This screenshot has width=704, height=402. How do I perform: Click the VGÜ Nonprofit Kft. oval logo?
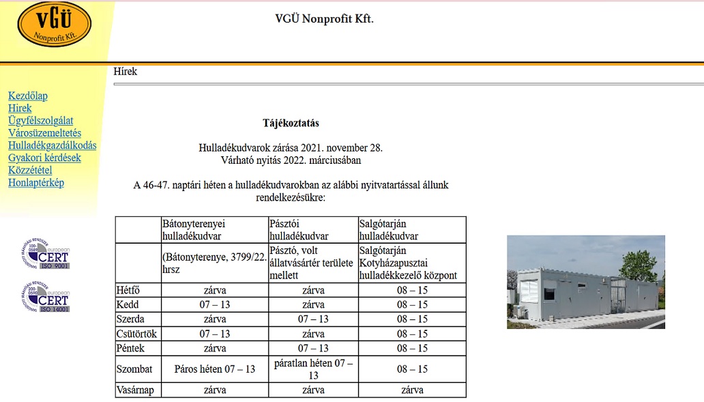click(x=54, y=25)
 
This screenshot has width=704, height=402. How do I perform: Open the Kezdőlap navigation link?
click(x=28, y=96)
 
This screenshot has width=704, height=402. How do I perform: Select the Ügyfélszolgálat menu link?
click(x=41, y=121)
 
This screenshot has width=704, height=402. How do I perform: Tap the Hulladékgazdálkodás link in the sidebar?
click(x=53, y=145)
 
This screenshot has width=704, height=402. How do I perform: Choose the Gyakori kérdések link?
click(x=44, y=158)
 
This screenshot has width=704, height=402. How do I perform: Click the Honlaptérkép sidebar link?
click(x=36, y=182)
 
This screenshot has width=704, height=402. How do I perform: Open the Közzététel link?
click(x=30, y=170)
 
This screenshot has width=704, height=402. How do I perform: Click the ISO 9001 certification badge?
click(x=46, y=254)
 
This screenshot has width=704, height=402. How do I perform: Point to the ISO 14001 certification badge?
click(x=46, y=298)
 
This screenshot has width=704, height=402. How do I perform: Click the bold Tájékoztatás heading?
click(x=291, y=124)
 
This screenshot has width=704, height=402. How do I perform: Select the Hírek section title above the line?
click(x=126, y=71)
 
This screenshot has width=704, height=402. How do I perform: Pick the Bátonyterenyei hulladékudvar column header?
click(x=194, y=229)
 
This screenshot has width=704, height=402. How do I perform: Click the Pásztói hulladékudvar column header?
click(x=299, y=229)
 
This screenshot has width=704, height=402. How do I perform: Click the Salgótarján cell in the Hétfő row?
click(x=412, y=290)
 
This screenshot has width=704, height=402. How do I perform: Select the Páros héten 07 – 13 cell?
click(x=215, y=369)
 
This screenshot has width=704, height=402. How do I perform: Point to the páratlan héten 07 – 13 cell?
click(x=313, y=369)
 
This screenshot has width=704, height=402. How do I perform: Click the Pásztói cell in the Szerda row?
click(x=313, y=319)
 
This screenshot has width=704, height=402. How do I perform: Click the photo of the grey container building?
click(x=585, y=282)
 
